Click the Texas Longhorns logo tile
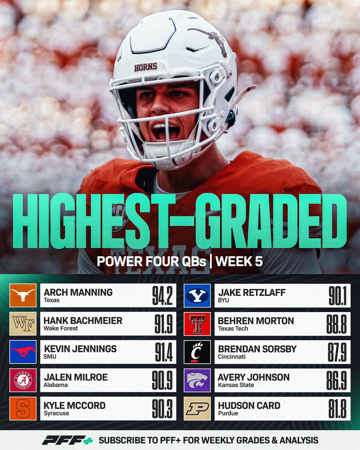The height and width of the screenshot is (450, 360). coord(23,295)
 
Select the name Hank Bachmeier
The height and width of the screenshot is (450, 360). coord(83,321)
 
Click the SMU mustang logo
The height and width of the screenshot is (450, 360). coord(23,352)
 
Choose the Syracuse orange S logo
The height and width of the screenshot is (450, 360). coord(23,408)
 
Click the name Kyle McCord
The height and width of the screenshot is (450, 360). coord(75,405)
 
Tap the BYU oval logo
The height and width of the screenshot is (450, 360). coord(197,295)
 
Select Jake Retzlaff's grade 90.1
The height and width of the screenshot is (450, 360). coord(337,295)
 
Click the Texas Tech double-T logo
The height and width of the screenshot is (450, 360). coord(197,324)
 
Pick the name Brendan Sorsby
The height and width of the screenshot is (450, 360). coord(257,349)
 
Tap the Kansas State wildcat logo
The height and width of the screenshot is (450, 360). coord(197,380)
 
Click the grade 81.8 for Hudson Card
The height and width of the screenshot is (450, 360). coord(337,408)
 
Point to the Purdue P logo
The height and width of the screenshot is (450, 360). coord(197,408)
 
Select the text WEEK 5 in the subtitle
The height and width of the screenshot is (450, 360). coord(239,261)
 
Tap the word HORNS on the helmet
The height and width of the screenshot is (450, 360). coord(145,67)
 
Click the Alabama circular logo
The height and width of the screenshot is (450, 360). coord(23,380)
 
